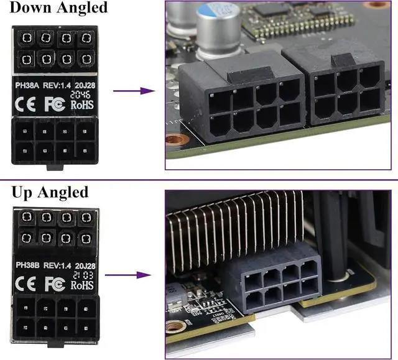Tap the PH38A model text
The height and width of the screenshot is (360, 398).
pyautogui.click(x=28, y=85)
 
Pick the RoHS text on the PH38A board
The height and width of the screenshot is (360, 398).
pyautogui.click(x=81, y=104)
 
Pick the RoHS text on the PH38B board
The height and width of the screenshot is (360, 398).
pyautogui.click(x=81, y=285)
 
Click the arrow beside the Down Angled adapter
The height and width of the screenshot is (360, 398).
pyautogui.click(x=133, y=91)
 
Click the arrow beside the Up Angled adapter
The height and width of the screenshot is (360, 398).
pyautogui.click(x=133, y=274)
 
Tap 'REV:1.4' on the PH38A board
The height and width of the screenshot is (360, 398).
pyautogui.click(x=58, y=85)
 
